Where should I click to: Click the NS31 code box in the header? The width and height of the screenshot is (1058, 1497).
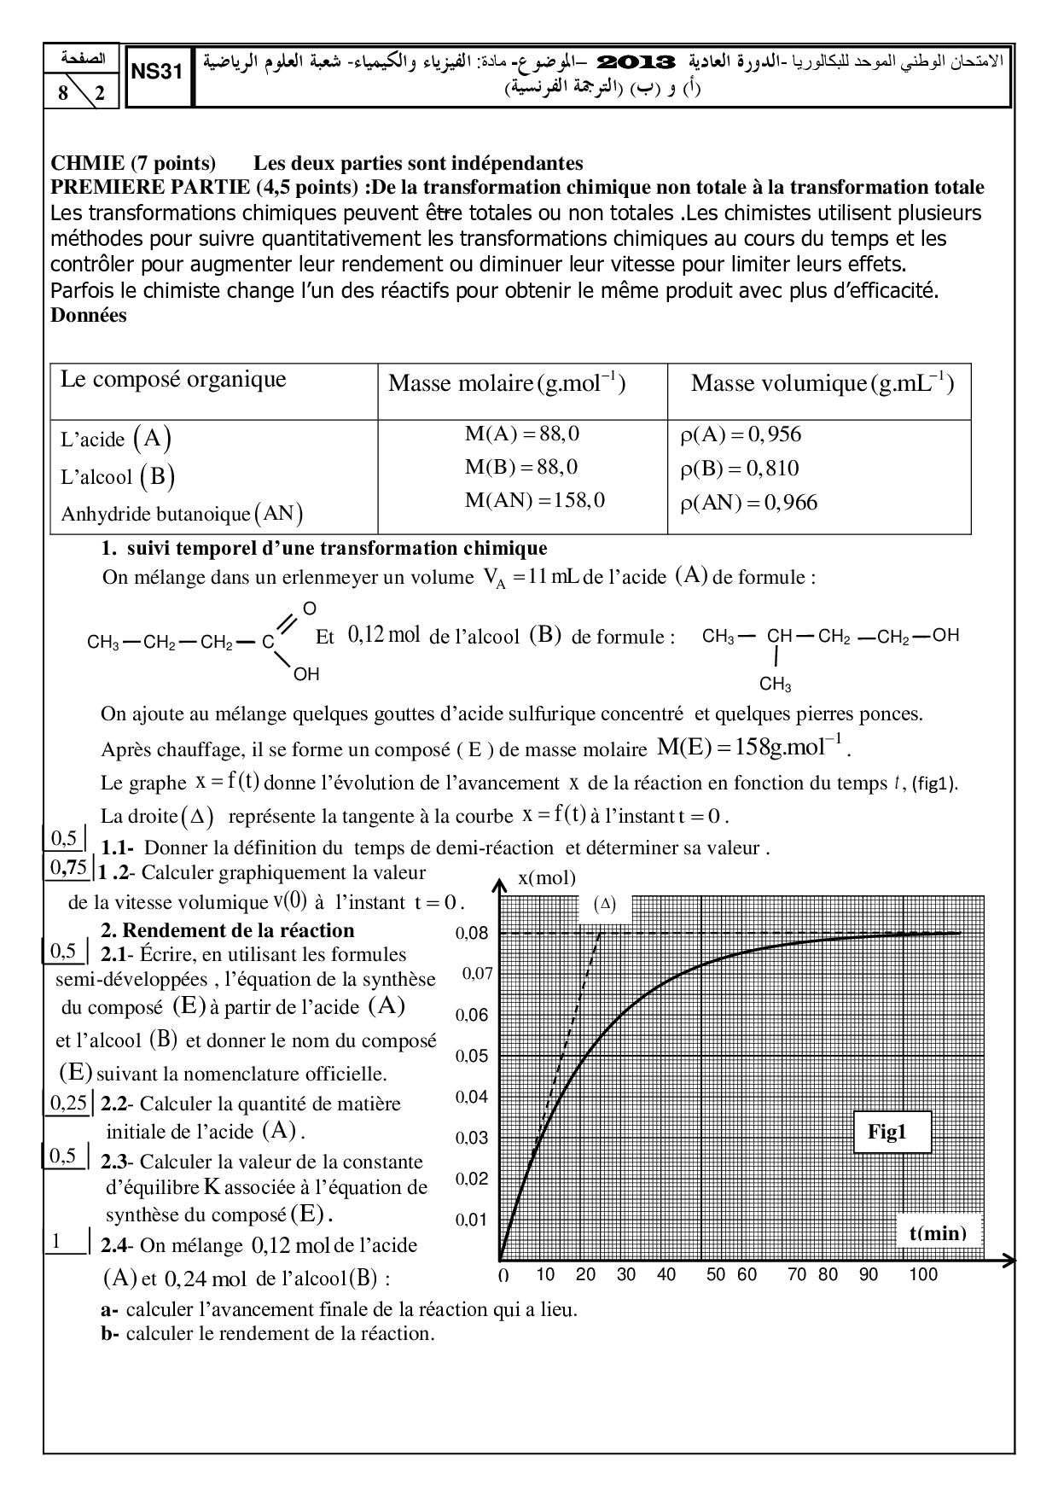click(158, 73)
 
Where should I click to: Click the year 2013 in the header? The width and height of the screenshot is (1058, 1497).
click(637, 61)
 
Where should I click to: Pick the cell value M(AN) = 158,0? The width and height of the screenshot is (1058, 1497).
click(534, 500)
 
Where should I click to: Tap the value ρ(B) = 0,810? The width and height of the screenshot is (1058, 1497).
click(740, 468)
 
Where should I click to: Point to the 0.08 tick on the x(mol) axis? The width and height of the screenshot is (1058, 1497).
click(472, 934)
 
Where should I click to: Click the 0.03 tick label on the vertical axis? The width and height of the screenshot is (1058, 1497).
click(472, 1138)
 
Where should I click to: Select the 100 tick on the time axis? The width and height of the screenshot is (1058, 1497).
click(922, 1275)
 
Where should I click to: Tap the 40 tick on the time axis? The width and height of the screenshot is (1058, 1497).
click(666, 1275)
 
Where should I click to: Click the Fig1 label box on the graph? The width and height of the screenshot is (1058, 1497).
click(887, 1133)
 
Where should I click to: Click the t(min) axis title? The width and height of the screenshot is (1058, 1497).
click(937, 1232)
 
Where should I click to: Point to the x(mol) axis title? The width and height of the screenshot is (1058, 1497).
click(547, 878)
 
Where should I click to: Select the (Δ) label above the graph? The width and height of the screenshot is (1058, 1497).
click(604, 905)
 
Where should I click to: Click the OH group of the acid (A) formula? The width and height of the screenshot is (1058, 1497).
click(306, 674)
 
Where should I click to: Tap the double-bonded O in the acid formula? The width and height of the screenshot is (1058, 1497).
click(310, 608)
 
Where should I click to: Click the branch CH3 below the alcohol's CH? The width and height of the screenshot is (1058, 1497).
click(776, 684)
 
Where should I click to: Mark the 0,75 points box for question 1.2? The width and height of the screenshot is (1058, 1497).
click(68, 869)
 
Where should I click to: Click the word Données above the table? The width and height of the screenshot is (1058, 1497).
click(89, 316)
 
